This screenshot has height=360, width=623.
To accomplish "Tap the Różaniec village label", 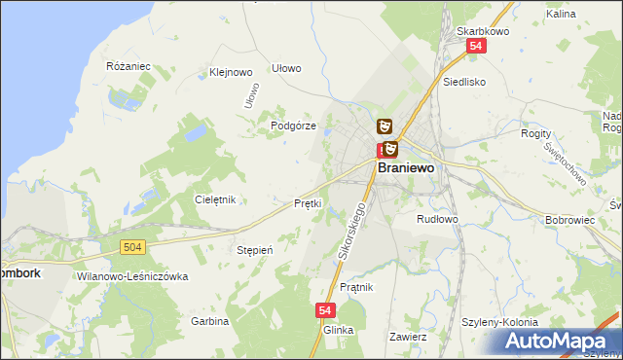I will click(127, 66).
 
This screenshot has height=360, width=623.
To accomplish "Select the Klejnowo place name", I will click(231, 72).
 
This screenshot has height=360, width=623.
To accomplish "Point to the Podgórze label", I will click(293, 126).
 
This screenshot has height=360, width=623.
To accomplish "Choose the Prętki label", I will click(308, 203).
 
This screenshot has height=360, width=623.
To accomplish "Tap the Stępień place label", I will click(255, 250).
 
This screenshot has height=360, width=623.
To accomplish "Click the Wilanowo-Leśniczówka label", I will click(130, 276).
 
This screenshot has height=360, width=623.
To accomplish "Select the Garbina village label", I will click(209, 320).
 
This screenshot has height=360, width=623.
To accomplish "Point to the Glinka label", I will click(338, 330).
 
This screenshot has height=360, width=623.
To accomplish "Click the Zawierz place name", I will click(409, 337).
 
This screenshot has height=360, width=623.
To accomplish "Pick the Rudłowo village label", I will click(436, 219).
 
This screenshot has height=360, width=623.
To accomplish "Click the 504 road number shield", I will click(134, 248).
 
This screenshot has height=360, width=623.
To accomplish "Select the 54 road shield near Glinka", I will click(326, 309).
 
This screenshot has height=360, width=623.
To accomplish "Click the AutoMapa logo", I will click(563, 341).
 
